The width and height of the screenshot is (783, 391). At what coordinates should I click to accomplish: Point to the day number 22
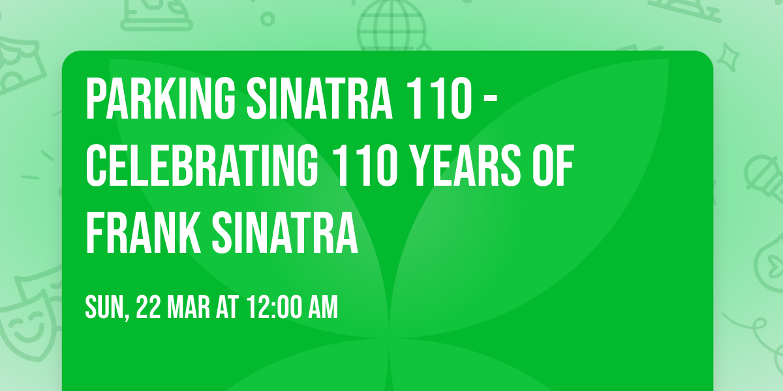click(x=149, y=307)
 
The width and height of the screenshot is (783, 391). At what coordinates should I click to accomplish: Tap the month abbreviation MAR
click(x=189, y=307)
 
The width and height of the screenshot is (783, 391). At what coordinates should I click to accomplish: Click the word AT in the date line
click(x=226, y=307)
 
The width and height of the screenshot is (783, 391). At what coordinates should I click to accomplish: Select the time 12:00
click(x=274, y=307)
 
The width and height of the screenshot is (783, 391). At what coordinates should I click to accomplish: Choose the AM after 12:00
click(x=324, y=307)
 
